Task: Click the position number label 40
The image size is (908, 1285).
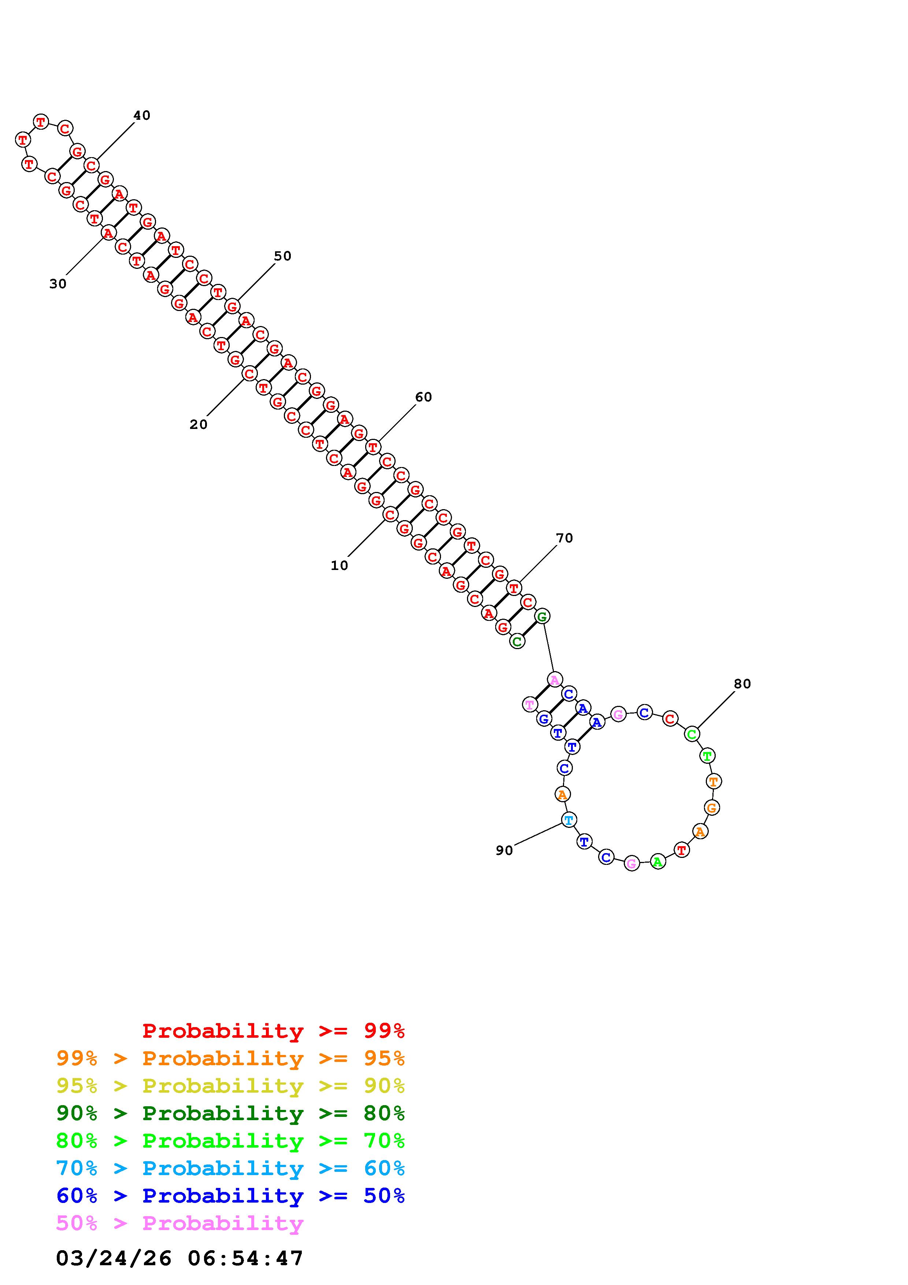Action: coord(141,115)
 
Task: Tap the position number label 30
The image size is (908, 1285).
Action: coord(58,284)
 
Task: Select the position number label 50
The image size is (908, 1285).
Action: coord(282,256)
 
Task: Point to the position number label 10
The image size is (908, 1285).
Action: coord(339,566)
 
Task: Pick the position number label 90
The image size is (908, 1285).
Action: coord(504,851)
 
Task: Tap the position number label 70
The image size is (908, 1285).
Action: coord(564,538)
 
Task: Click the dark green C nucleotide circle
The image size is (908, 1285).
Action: coord(517,641)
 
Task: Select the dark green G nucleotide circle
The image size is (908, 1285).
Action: coord(542,616)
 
